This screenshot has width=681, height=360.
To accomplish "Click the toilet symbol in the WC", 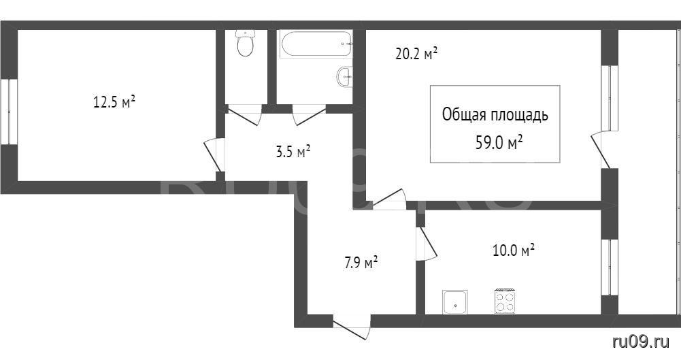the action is click(x=246, y=43).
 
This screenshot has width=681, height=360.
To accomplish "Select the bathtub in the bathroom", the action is click(x=316, y=44).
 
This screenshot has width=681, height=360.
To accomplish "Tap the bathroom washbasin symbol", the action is click(x=345, y=77).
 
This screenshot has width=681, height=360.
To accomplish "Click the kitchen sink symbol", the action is click(x=455, y=301).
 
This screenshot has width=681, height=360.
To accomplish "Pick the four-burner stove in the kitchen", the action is click(x=505, y=301).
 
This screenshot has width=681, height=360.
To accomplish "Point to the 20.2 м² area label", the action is click(x=416, y=54).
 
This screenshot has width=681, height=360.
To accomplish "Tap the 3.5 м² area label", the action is click(x=293, y=152).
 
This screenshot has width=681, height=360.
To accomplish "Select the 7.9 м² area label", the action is click(x=361, y=263).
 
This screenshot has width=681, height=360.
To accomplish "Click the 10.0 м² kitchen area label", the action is click(x=514, y=250).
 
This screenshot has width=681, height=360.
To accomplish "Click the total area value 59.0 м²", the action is click(x=499, y=142).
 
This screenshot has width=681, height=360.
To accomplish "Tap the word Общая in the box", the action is click(x=464, y=115).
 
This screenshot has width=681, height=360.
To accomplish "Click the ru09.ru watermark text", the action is click(x=641, y=342).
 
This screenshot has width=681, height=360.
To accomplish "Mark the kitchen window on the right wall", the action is click(x=610, y=267).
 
